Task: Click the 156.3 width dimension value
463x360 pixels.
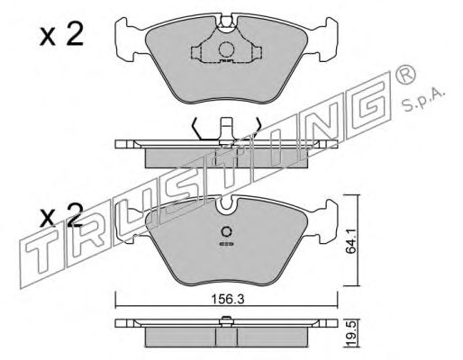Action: pos(228,299)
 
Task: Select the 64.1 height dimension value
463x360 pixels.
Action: pos(350,240)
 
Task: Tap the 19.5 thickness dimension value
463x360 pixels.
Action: pos(352,332)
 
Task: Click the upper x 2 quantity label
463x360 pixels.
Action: pos(61,35)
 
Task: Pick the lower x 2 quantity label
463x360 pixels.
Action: pos(61,215)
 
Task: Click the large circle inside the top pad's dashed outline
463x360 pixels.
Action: pos(226,49)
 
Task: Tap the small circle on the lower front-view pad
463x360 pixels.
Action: pos(226,232)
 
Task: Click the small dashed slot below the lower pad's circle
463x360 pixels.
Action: pos(226,244)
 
